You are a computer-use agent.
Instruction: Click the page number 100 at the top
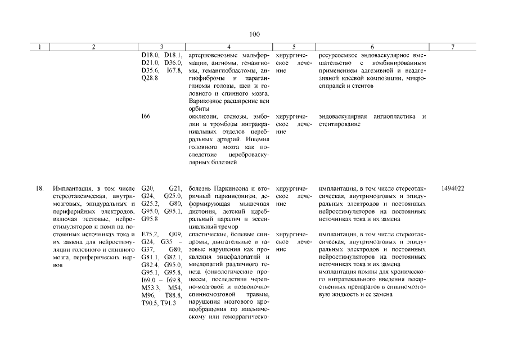coord(254,35)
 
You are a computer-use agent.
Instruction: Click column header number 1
coord(40,48)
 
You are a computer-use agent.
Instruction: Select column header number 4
coord(228,48)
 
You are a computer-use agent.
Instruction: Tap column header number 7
coord(453,48)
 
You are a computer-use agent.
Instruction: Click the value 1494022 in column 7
coord(453,188)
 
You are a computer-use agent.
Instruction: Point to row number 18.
coord(40,188)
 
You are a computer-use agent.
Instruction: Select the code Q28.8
coord(150,78)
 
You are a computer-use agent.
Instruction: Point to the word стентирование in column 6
coord(340,124)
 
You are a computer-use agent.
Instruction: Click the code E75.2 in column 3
coord(150,234)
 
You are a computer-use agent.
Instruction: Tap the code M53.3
coord(151,287)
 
